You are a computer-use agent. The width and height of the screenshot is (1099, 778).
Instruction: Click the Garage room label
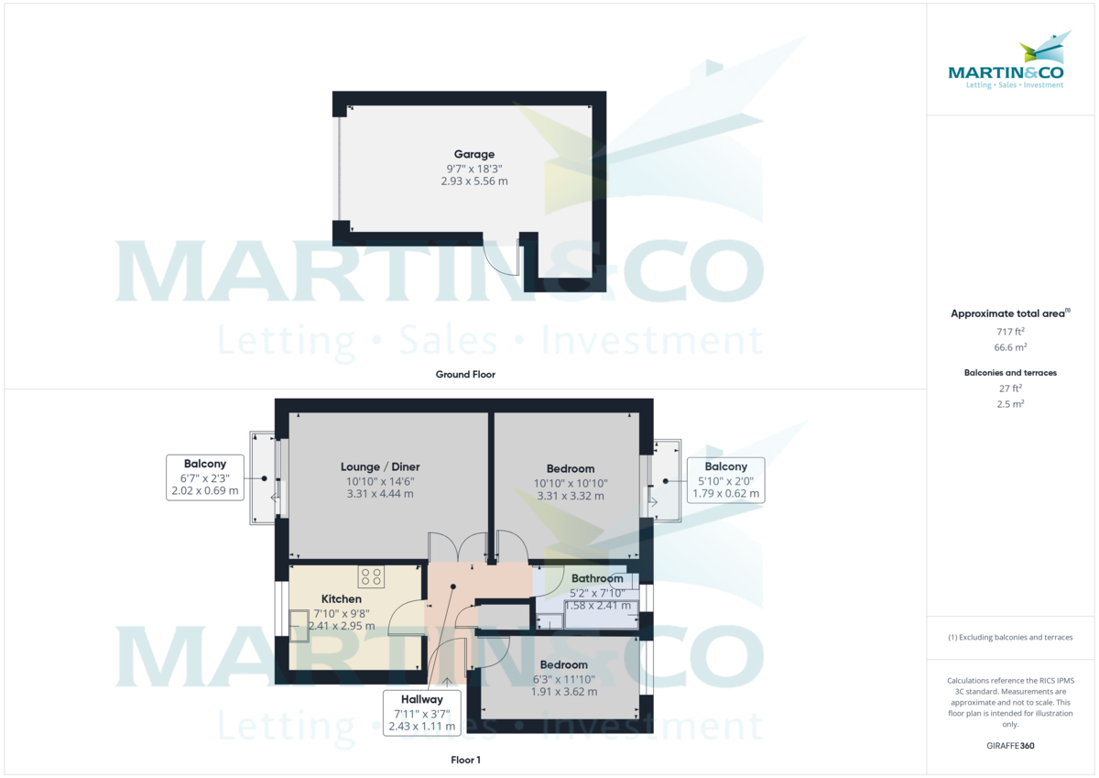pyautogui.click(x=473, y=154)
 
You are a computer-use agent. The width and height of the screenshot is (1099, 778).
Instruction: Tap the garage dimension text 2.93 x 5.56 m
pyautogui.click(x=473, y=181)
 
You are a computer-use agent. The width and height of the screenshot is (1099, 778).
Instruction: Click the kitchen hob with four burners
pyautogui.click(x=372, y=576)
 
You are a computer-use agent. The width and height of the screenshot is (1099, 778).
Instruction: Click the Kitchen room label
pyautogui.click(x=341, y=599)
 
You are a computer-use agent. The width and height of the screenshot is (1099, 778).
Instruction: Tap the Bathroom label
pyautogui.click(x=597, y=578)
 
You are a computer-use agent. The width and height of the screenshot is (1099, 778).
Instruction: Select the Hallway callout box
pyautogui.click(x=420, y=713)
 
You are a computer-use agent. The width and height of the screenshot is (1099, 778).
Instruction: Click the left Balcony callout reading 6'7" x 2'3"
pyautogui.click(x=204, y=477)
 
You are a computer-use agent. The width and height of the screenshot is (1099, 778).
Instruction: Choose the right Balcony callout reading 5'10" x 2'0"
pyautogui.click(x=725, y=480)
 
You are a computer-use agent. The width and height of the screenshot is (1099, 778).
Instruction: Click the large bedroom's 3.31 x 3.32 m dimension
pyautogui.click(x=571, y=496)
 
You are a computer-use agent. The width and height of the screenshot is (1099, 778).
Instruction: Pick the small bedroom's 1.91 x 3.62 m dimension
pyautogui.click(x=563, y=692)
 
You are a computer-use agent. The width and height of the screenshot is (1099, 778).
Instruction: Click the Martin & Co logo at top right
pyautogui.click(x=1006, y=63)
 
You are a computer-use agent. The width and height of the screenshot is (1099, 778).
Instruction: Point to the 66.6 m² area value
pyautogui.click(x=1010, y=348)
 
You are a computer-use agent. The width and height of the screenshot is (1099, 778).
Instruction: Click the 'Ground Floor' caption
pyautogui.click(x=464, y=374)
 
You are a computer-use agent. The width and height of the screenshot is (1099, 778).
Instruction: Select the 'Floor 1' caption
pyautogui.click(x=464, y=760)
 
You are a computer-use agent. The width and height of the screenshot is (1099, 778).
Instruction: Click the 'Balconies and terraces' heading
pyautogui.click(x=1010, y=373)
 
